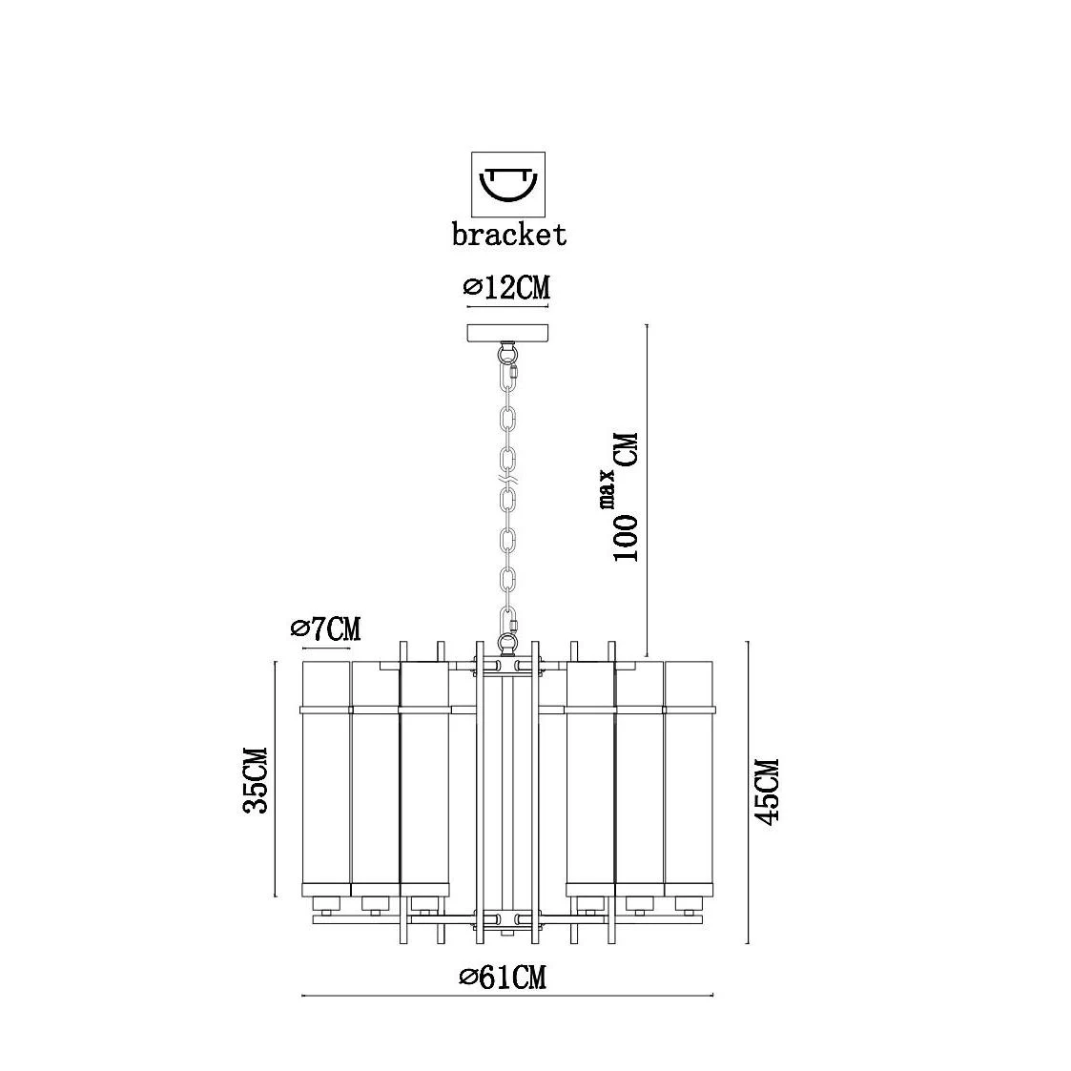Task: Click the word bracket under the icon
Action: point(509,235)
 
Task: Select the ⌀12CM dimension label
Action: point(506,288)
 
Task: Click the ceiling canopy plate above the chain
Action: point(508,334)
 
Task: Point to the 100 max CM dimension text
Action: point(625,497)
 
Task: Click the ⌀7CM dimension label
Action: point(325,628)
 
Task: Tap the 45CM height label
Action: point(769,792)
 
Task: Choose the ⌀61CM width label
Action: point(503,978)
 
